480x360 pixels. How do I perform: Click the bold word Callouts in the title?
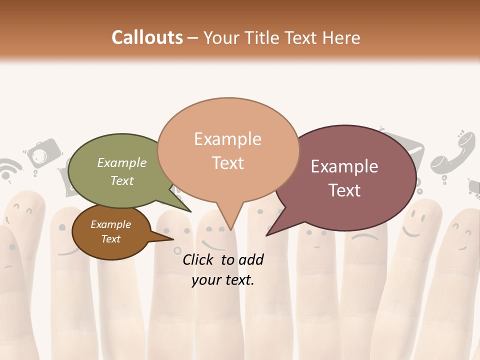[147, 37]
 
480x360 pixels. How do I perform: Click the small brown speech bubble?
[111, 232]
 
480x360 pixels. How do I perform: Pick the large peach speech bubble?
[228, 150]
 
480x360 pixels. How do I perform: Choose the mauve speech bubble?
[350, 177]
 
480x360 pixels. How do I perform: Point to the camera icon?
[44, 154]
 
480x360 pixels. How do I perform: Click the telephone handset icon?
[452, 155]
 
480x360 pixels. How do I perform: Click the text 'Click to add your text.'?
[223, 269]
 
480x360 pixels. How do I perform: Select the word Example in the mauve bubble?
[344, 166]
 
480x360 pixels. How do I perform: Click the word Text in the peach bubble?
[228, 163]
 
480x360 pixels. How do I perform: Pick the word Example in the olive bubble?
[121, 162]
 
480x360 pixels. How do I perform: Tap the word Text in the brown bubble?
[110, 239]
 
